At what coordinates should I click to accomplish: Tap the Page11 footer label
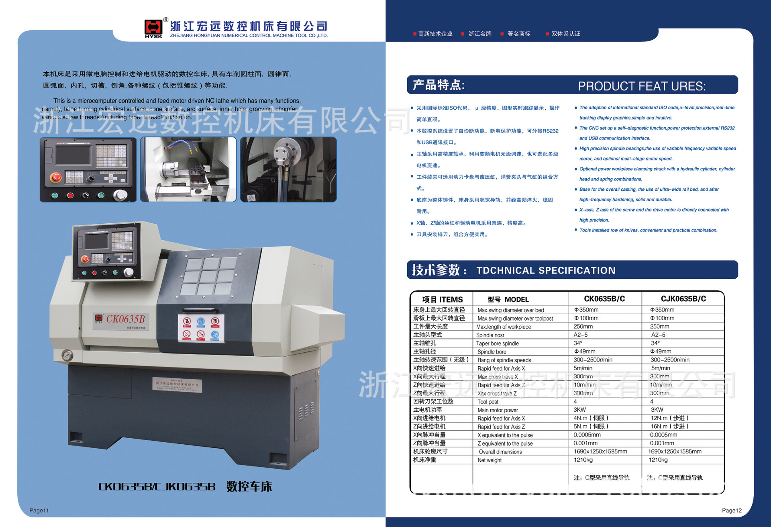tap(39, 510)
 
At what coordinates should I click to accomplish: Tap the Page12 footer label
tap(731, 510)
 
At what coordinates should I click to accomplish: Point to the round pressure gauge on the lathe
tap(67, 355)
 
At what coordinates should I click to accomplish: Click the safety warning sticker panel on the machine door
tap(201, 328)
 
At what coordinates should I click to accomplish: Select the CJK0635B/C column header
tap(683, 299)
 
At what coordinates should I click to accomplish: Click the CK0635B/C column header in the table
tap(604, 299)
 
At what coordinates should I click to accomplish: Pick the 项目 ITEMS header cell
tap(442, 299)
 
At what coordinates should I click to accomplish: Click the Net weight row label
tap(490, 460)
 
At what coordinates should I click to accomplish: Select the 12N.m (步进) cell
tap(669, 418)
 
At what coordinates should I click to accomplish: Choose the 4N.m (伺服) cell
tap(591, 418)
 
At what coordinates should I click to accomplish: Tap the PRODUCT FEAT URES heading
tap(641, 86)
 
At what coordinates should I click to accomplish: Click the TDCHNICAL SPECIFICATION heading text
tap(546, 270)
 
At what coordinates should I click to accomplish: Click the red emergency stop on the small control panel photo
tap(56, 177)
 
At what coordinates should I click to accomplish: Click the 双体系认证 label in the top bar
tap(565, 34)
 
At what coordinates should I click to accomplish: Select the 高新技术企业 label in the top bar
tap(435, 34)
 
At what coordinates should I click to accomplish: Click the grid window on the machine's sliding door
tap(208, 276)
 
